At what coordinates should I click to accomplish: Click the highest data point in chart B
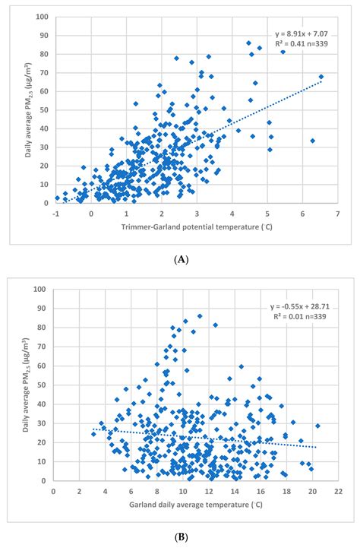pos(200,316)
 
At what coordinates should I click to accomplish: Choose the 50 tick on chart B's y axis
pos(44,385)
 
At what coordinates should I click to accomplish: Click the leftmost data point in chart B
pos(93,433)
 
